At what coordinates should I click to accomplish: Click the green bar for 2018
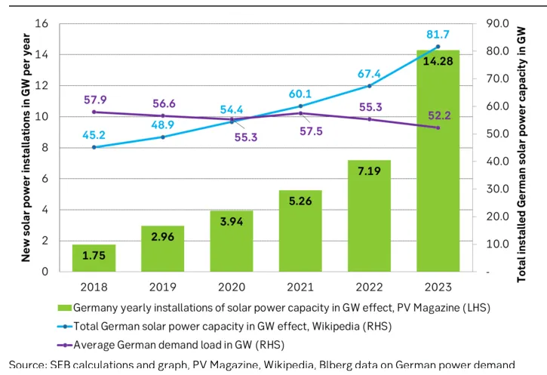(x=94, y=258)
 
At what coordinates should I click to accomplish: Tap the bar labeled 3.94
(x=232, y=241)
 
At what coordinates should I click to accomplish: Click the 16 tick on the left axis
(x=42, y=24)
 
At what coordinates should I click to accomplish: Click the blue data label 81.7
(x=437, y=34)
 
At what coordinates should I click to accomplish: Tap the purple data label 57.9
(x=94, y=99)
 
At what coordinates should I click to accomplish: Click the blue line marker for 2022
(x=369, y=85)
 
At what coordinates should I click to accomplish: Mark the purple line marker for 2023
(x=438, y=128)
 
